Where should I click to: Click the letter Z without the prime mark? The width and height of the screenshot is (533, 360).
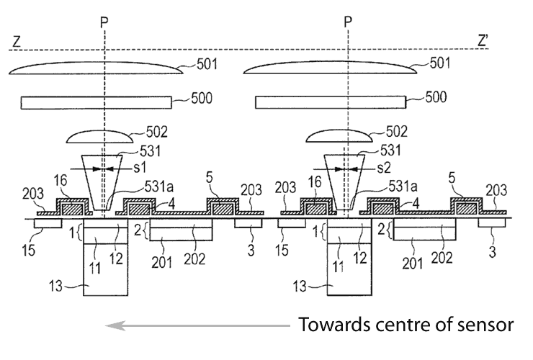(x=17, y=42)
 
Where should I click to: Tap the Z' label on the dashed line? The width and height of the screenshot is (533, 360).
(x=483, y=41)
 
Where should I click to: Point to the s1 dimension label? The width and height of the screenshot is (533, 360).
(x=140, y=167)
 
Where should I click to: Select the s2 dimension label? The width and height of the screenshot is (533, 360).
(x=383, y=168)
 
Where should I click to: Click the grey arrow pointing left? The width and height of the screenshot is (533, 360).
(x=197, y=326)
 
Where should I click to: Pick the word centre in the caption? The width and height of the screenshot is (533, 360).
(x=403, y=325)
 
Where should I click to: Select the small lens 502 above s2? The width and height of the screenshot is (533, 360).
(x=339, y=136)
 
